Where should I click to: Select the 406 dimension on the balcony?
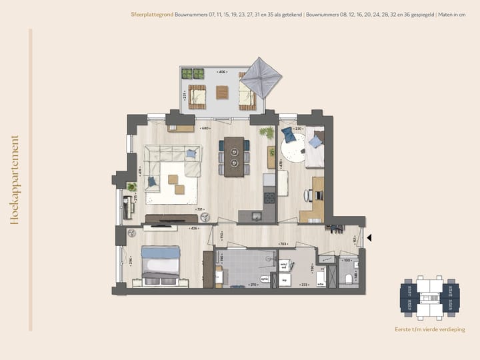click(x=221, y=72)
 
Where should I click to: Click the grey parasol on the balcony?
click(x=253, y=80)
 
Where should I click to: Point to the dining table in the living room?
click(x=234, y=157)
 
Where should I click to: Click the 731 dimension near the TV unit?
click(x=199, y=209)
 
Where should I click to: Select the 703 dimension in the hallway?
click(x=282, y=244)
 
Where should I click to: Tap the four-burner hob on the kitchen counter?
click(x=270, y=197)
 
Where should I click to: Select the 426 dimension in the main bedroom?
click(x=193, y=229)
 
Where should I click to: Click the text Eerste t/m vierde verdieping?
click(x=430, y=329)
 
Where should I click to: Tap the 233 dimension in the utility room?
click(x=305, y=285)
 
